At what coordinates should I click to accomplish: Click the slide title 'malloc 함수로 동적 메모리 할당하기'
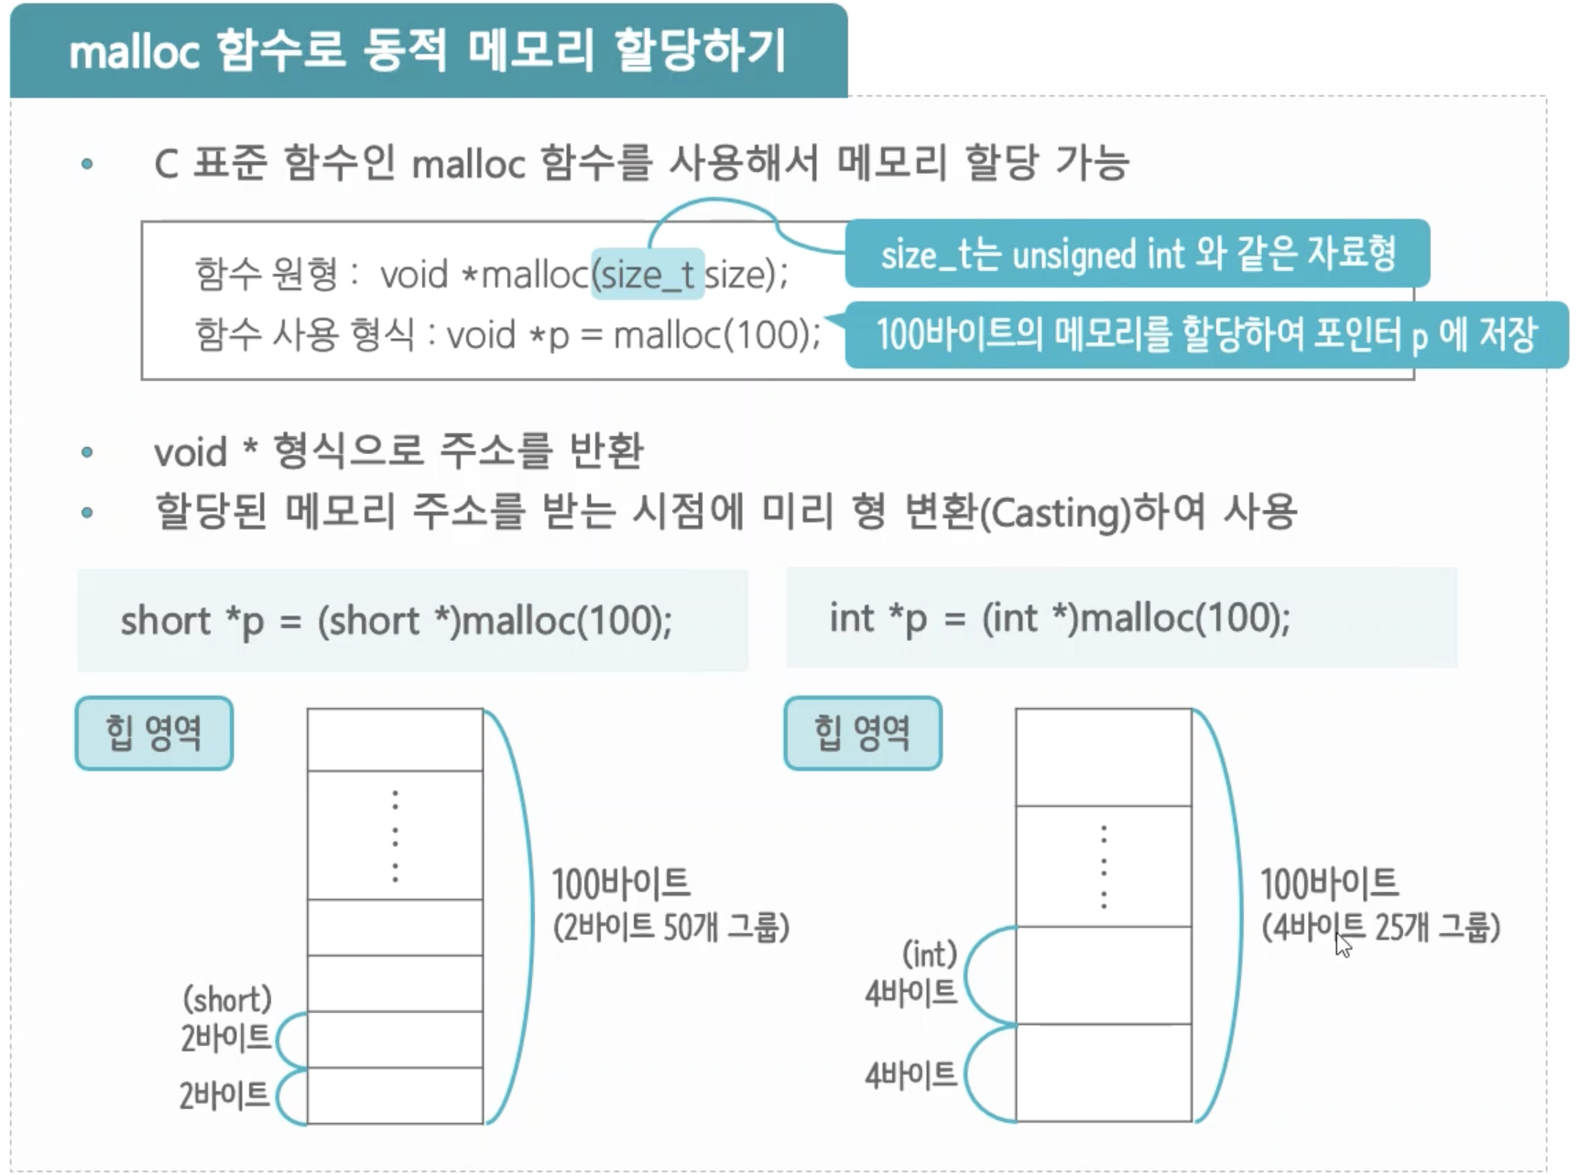(428, 50)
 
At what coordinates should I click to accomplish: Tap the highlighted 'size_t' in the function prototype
(648, 275)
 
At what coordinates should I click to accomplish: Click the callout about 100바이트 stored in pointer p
(1205, 334)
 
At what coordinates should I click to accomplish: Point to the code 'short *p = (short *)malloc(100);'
(397, 621)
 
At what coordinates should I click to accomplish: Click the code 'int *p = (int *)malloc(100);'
(1060, 618)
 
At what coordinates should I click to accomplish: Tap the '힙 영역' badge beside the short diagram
(154, 733)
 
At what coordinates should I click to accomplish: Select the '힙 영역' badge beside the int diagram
(863, 733)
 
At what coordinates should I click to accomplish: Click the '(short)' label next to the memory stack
(227, 999)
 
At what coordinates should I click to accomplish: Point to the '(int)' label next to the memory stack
(930, 954)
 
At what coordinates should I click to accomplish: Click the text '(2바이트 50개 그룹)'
(670, 928)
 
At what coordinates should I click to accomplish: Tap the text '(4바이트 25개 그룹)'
(1380, 928)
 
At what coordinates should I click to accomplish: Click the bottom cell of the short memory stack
(395, 1095)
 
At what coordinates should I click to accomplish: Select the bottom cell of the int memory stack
(1104, 1072)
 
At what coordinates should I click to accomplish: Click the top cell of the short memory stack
(395, 740)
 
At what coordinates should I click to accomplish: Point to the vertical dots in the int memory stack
(1104, 866)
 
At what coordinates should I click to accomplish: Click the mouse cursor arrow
(1343, 944)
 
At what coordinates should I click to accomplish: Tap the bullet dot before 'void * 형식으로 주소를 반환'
(87, 452)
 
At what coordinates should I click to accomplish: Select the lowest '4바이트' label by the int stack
(910, 1074)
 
